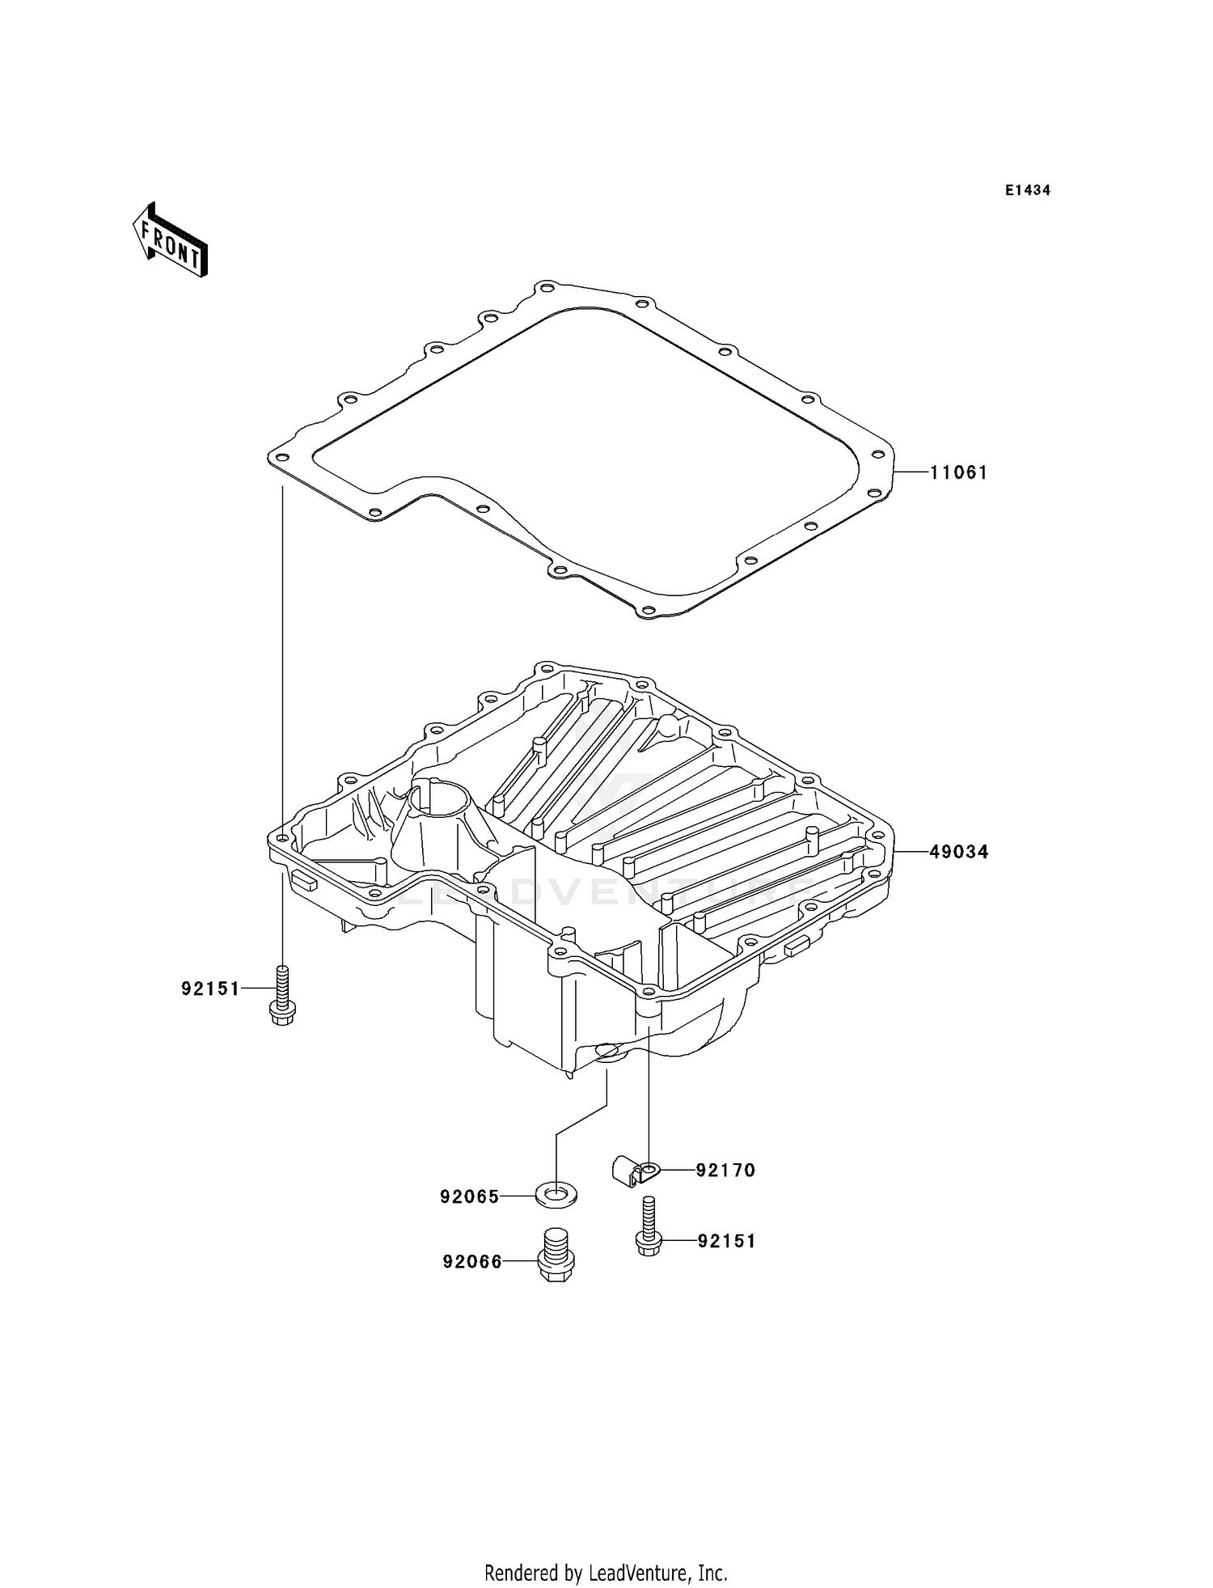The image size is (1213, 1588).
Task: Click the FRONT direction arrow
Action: click(x=171, y=241)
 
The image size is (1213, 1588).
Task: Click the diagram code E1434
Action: click(x=1027, y=191)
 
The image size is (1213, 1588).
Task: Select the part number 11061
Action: click(x=958, y=472)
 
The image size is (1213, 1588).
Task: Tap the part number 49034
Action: click(x=958, y=852)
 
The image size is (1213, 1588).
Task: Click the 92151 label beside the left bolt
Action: click(x=210, y=989)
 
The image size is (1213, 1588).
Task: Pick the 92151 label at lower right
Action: click(x=726, y=1241)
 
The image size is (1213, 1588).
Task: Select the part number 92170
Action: click(x=725, y=1171)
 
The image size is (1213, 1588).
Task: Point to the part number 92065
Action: click(x=470, y=1196)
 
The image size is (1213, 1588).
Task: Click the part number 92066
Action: click(x=472, y=1261)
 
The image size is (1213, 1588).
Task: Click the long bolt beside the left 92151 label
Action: click(x=281, y=997)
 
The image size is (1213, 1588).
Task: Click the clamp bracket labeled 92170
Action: click(x=633, y=1170)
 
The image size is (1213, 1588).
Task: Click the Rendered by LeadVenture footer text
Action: click(x=606, y=1573)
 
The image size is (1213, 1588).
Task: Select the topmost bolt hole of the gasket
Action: click(x=547, y=288)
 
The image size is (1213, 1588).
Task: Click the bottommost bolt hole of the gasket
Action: click(x=647, y=610)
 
